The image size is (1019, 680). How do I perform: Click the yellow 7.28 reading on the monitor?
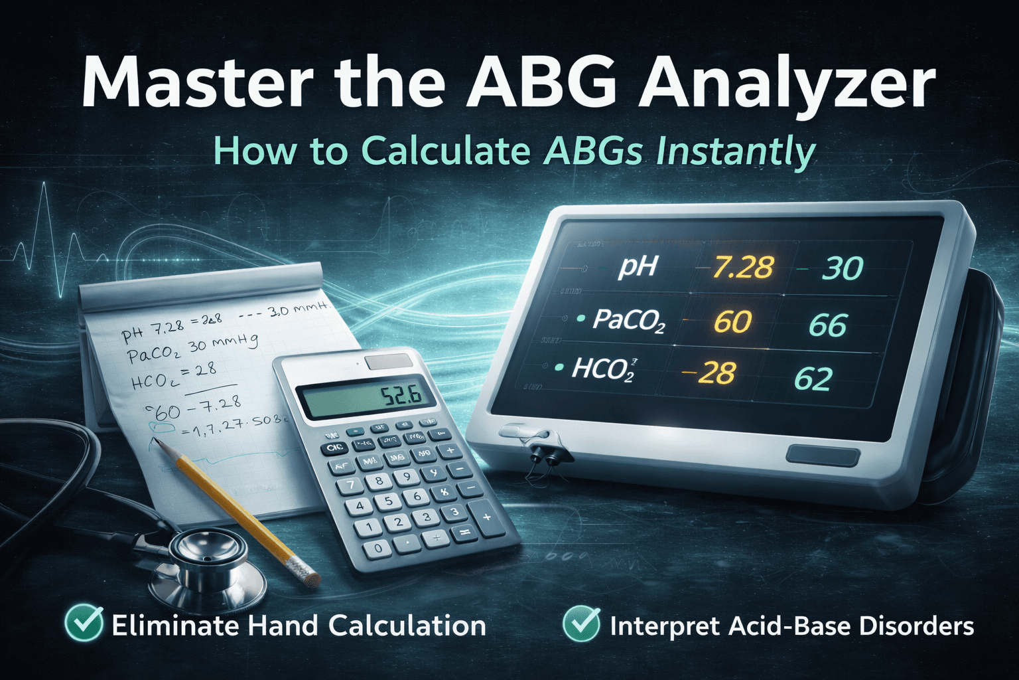tap(742, 267)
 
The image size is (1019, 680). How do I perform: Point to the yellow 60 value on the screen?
tap(732, 322)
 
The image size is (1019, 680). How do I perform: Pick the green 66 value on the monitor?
tap(828, 325)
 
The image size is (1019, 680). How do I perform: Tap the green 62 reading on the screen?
tap(813, 379)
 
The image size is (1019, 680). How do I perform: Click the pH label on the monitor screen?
tap(637, 266)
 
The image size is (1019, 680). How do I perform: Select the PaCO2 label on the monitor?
tap(628, 321)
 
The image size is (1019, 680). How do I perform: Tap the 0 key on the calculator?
tap(377, 549)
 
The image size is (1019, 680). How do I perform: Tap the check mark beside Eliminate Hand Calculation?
tap(84, 625)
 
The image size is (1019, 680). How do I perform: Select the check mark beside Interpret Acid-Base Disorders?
tap(581, 625)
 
